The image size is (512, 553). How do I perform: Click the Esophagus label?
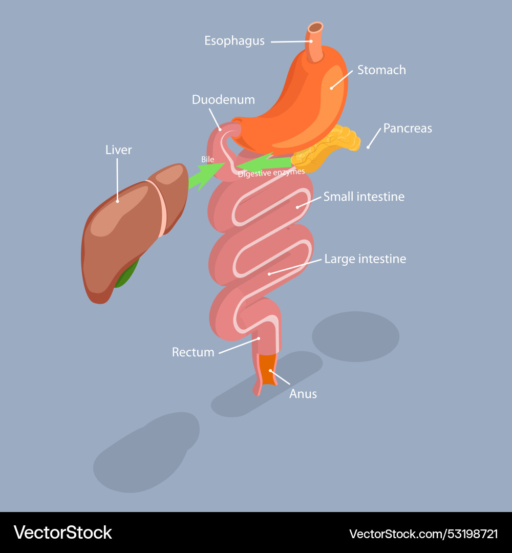click(234, 41)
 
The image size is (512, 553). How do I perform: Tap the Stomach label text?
click(381, 70)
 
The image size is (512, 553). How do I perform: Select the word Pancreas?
click(408, 128)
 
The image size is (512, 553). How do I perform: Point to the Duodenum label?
click(223, 99)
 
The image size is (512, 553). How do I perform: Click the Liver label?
click(118, 150)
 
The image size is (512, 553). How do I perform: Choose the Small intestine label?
click(364, 197)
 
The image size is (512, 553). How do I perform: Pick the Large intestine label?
click(365, 259)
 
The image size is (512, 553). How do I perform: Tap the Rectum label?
click(193, 352)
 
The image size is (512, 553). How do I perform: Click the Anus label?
click(303, 394)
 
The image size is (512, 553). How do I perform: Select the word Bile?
click(207, 160)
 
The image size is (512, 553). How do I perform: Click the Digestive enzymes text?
click(271, 173)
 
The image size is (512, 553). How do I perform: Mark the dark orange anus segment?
click(267, 366)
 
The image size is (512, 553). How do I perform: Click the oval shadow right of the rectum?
click(355, 336)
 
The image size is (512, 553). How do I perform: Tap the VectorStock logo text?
click(63, 533)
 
